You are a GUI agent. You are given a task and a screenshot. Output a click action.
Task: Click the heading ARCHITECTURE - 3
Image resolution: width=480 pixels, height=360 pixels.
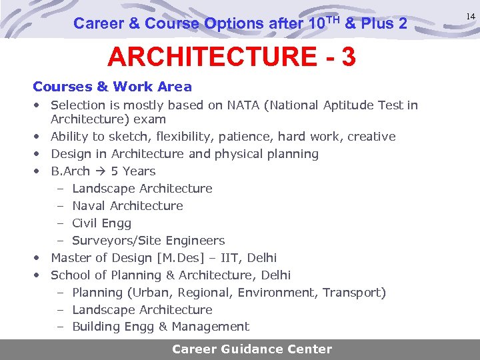(x=231, y=57)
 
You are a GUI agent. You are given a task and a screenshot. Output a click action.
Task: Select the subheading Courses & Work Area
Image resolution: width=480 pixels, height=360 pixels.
(x=112, y=87)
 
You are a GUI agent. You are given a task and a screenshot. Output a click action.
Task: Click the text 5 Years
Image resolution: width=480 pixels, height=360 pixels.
(x=133, y=171)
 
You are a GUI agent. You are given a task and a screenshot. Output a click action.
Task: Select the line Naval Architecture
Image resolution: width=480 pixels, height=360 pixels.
(x=127, y=206)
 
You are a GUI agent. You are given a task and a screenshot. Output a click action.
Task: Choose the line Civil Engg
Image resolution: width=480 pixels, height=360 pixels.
(x=101, y=223)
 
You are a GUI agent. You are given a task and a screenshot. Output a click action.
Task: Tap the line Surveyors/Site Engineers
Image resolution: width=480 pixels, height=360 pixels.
(x=148, y=241)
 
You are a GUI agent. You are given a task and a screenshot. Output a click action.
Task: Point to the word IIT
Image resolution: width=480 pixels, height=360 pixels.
(x=231, y=258)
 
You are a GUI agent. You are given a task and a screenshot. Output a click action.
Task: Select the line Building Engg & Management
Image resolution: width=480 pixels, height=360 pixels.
(x=160, y=327)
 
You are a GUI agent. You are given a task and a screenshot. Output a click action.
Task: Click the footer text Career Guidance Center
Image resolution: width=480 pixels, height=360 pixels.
(x=252, y=349)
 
